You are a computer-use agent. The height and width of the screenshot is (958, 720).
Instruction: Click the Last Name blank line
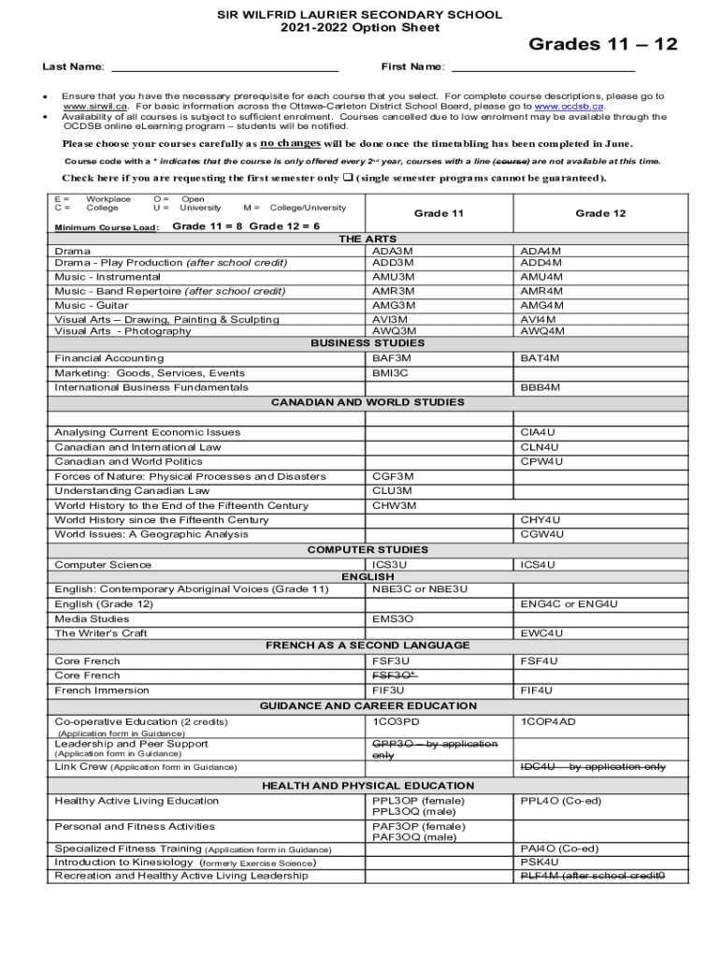(224, 68)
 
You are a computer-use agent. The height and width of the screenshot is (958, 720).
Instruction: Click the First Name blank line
(542, 68)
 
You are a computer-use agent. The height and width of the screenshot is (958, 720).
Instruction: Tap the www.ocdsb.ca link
(569, 107)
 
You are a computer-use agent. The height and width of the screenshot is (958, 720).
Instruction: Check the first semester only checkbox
(347, 179)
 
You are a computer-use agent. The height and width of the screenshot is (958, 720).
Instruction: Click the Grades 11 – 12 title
(603, 44)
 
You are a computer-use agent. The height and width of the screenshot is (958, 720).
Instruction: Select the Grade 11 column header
(439, 213)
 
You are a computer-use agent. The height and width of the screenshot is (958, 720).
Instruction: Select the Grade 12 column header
(600, 213)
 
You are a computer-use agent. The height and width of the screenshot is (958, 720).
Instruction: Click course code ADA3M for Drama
(393, 252)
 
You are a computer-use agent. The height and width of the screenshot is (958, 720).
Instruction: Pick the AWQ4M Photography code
(541, 330)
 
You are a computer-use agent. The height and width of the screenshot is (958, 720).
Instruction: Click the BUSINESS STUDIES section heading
(367, 343)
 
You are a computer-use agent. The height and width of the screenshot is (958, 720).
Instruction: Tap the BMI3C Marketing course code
(390, 373)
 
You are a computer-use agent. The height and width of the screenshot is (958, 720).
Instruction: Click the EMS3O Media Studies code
(393, 619)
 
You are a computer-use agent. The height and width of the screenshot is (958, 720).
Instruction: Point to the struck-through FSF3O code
(395, 675)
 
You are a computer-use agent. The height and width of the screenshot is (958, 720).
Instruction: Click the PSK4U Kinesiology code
(539, 862)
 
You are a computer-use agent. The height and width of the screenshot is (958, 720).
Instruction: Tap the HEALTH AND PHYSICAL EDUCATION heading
(367, 786)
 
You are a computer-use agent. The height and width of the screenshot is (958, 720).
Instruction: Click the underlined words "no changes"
(290, 143)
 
